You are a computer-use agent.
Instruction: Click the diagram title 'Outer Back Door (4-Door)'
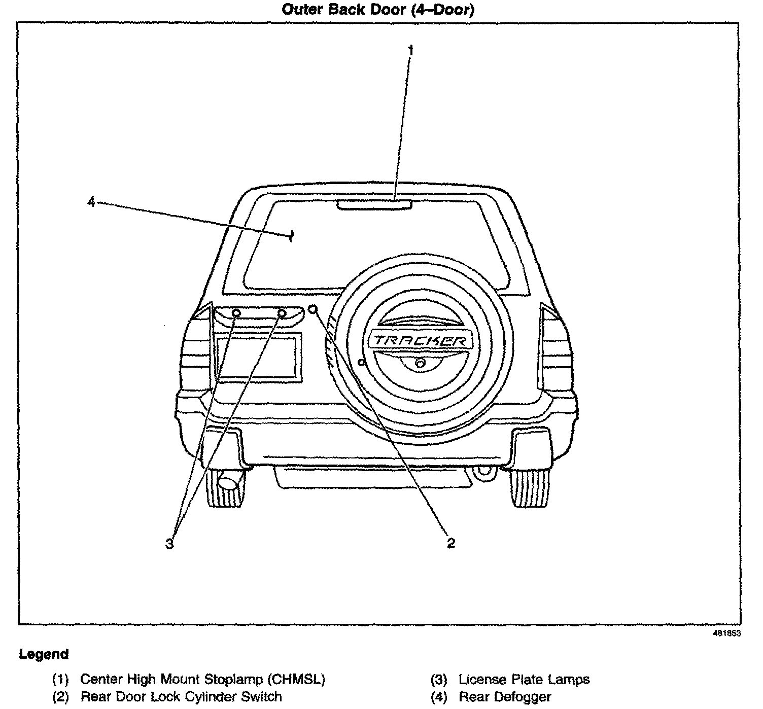[378, 10]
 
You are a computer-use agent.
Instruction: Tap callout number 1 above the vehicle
[410, 50]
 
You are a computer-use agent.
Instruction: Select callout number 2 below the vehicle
[450, 543]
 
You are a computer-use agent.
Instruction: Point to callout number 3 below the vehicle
[169, 544]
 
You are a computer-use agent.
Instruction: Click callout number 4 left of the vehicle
[91, 202]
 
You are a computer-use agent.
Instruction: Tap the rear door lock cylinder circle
[313, 309]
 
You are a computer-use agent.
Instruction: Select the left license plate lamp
[236, 313]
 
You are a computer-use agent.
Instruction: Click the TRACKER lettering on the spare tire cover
[421, 340]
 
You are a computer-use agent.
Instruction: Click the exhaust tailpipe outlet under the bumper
[228, 482]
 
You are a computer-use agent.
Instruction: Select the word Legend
[44, 654]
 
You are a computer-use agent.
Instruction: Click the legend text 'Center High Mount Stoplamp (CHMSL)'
[203, 679]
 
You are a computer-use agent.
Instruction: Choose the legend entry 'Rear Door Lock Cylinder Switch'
[181, 696]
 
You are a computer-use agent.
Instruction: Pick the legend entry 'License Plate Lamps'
[524, 679]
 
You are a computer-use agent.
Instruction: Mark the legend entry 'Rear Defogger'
[505, 697]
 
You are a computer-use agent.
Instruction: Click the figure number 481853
[727, 633]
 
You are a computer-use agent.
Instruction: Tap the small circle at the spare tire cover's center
[420, 363]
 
